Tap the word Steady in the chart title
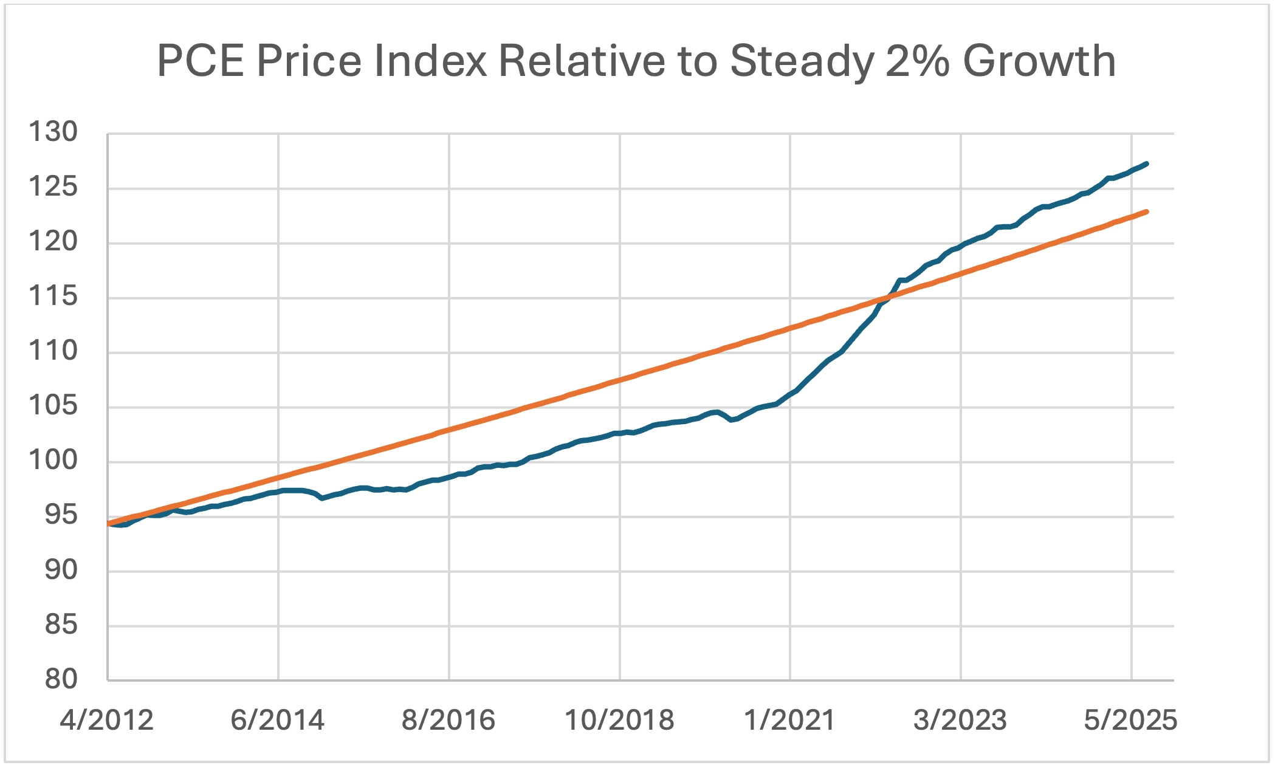(x=801, y=61)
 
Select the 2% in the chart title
(x=917, y=61)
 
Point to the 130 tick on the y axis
(x=53, y=132)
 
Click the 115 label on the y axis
(x=53, y=296)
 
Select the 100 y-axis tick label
(x=53, y=460)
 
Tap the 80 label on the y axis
(x=61, y=679)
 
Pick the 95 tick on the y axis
(x=61, y=515)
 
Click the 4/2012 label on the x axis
(x=107, y=720)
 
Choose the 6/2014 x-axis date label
(x=278, y=720)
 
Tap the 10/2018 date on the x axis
(x=619, y=720)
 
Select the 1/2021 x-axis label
(x=789, y=720)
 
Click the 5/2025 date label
(x=1130, y=720)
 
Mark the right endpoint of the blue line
(x=1146, y=163)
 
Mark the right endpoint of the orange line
(x=1146, y=211)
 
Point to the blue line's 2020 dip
(x=732, y=420)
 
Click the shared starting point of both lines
(x=109, y=523)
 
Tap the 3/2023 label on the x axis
(x=960, y=720)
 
